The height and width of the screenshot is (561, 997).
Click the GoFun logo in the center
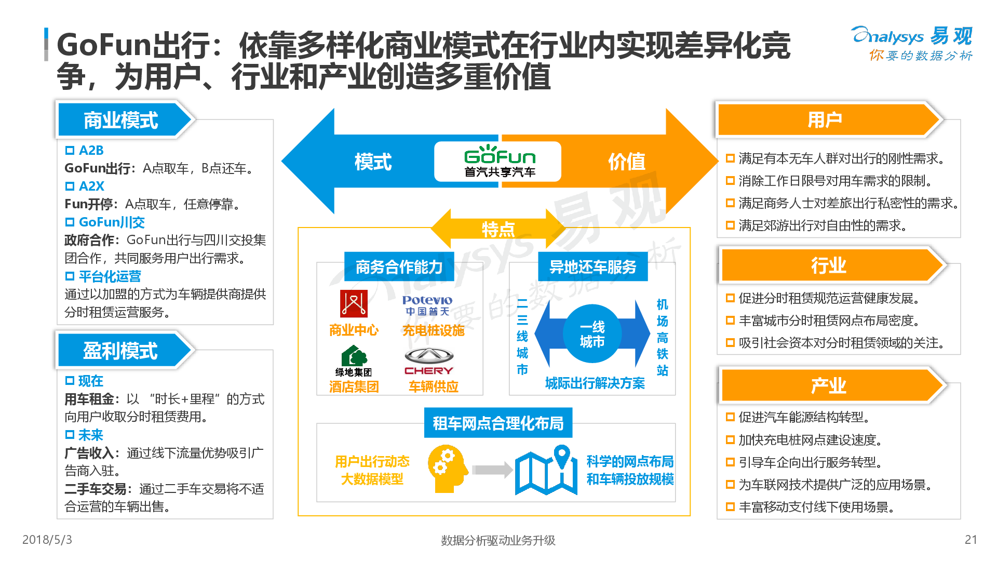point(498,162)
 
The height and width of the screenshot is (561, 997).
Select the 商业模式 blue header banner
point(122,120)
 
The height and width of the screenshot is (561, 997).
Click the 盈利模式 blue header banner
point(122,351)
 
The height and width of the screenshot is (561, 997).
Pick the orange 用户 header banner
point(825,120)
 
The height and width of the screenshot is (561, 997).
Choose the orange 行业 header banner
point(829,265)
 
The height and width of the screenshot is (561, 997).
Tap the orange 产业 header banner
point(829,385)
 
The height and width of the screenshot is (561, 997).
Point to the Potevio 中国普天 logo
point(427,305)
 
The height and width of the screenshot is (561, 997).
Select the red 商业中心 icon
point(354,303)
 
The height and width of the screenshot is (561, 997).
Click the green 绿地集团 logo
point(354,360)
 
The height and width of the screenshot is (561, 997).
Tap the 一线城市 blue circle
point(592,334)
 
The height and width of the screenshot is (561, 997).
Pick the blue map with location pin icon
point(546,470)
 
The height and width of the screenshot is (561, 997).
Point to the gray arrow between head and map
point(492,470)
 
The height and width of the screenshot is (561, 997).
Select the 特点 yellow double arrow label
point(498,229)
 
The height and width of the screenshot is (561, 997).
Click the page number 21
point(971,540)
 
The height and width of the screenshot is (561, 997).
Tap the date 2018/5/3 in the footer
point(47,540)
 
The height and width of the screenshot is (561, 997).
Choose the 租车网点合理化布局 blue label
point(498,423)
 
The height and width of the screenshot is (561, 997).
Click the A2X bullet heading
point(91,186)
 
